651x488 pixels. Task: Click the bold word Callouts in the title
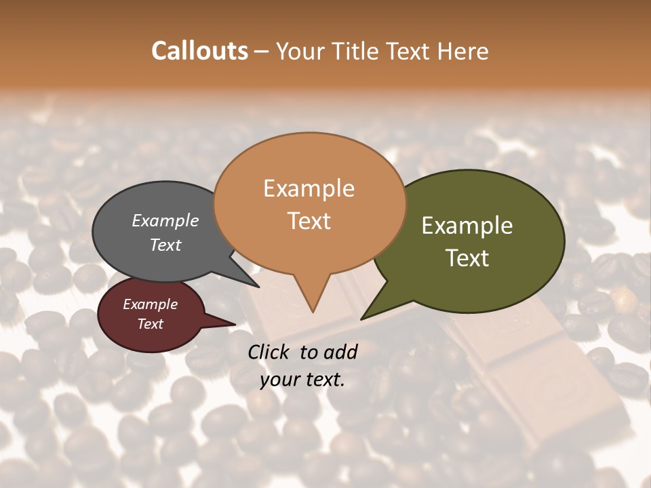coord(199,52)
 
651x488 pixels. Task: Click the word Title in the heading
coord(358,52)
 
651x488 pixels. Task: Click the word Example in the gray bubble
coord(165,221)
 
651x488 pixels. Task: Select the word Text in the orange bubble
coord(309,221)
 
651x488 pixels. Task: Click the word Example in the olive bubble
coord(467,226)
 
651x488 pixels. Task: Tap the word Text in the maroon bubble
coord(151,324)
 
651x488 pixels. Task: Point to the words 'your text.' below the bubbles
coord(302,380)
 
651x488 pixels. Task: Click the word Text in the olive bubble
coord(467,258)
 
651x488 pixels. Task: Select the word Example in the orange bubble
coord(309,188)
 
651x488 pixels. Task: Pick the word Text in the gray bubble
coord(165,245)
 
